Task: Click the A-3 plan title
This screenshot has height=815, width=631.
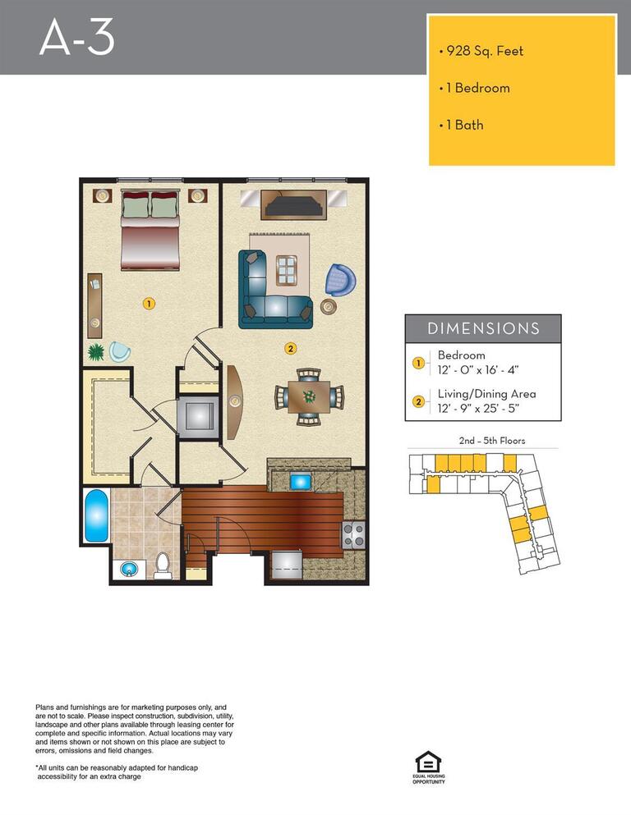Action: click(x=77, y=38)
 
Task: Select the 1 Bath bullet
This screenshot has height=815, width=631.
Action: click(x=463, y=125)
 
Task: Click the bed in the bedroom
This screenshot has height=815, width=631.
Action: click(x=150, y=230)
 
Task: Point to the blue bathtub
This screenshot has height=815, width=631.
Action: click(x=96, y=515)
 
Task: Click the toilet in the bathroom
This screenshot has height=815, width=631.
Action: click(x=163, y=565)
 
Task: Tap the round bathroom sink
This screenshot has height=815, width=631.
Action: click(x=128, y=568)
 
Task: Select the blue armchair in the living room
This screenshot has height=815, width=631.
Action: click(x=339, y=280)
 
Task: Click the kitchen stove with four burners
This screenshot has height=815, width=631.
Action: click(x=354, y=535)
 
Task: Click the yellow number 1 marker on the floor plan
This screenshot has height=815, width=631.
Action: click(x=149, y=303)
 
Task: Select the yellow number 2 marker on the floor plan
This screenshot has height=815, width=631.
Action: click(x=290, y=347)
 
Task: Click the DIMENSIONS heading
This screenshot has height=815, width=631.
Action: click(x=483, y=328)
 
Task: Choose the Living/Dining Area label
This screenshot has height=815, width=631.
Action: click(x=486, y=394)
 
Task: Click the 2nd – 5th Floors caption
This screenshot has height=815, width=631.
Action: click(x=491, y=441)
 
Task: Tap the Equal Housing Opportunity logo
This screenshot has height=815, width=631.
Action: click(x=428, y=766)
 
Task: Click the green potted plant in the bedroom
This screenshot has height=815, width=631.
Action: click(x=97, y=352)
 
